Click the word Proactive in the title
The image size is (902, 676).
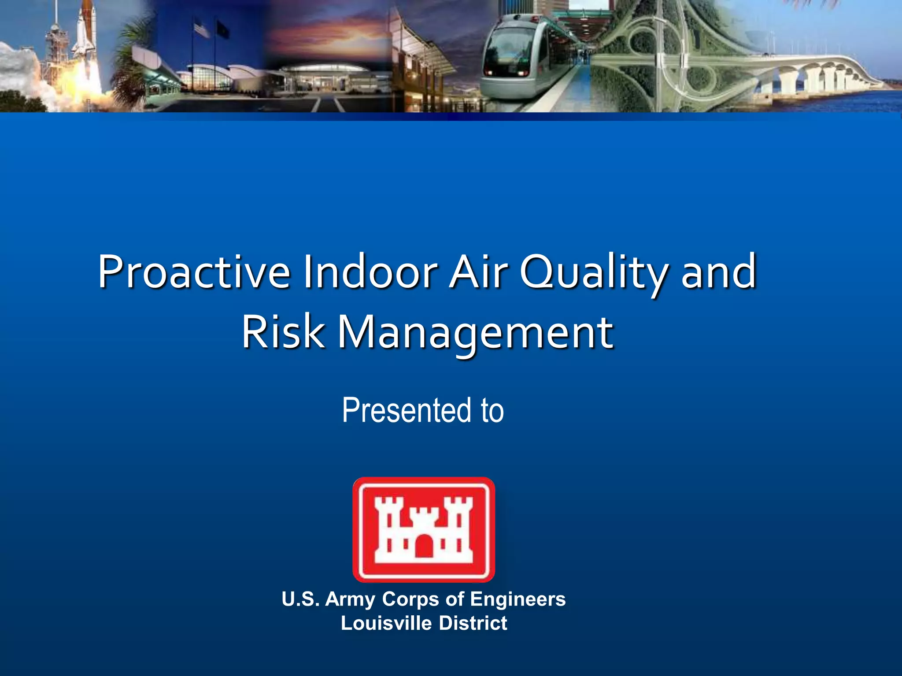pyautogui.click(x=194, y=272)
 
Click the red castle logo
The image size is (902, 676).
pyautogui.click(x=424, y=529)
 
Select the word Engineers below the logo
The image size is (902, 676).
pyautogui.click(x=518, y=599)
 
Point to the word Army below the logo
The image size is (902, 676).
pyautogui.click(x=350, y=599)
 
